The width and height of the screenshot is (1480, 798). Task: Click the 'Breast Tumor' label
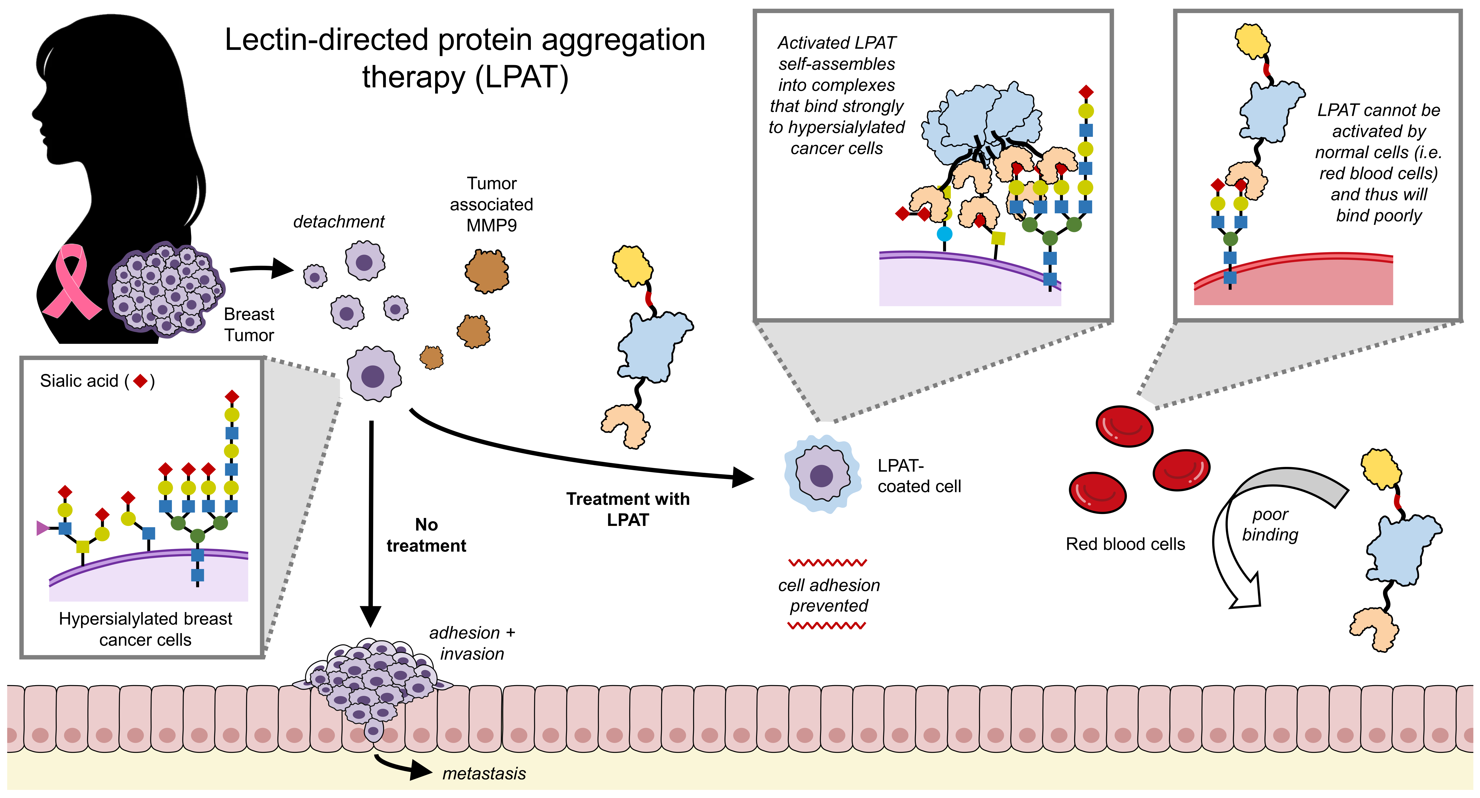coord(249,325)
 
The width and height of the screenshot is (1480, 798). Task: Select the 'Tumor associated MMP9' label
coord(491,204)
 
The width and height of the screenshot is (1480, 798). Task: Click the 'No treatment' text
coord(426,536)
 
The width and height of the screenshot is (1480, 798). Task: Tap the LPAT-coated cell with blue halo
coord(822,475)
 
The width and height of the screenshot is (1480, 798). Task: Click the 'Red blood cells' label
coord(1125,544)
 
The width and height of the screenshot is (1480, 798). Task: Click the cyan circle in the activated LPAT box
coord(944,234)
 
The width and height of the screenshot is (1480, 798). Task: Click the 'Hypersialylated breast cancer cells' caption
coord(145,629)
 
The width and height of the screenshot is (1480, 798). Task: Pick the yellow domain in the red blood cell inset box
coord(1252,41)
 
